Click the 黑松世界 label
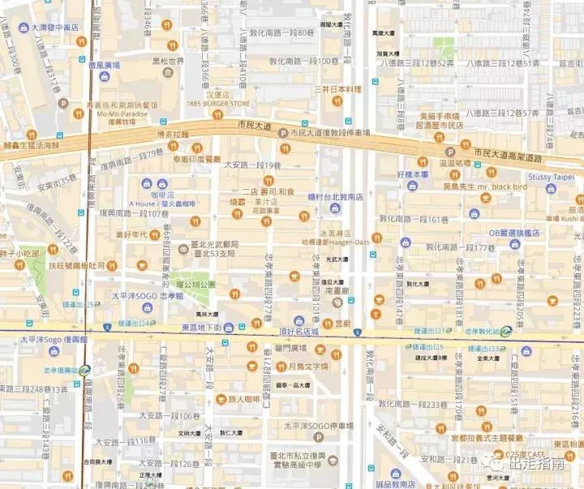[x=169, y=62]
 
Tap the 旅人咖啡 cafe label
[x=243, y=398]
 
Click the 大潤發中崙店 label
[x=55, y=27]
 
